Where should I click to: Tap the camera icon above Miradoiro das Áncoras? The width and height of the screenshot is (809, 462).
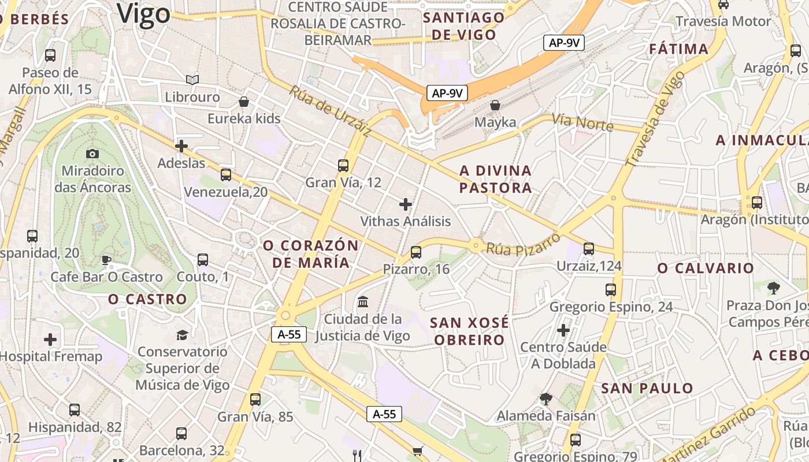pyautogui.click(x=92, y=154)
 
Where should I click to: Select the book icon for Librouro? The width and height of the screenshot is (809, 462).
pyautogui.click(x=192, y=80)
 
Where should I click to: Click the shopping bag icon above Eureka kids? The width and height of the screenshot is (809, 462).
pyautogui.click(x=244, y=102)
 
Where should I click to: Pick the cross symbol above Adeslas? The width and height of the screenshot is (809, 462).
pyautogui.click(x=181, y=146)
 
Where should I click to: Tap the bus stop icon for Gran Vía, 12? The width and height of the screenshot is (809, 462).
pyautogui.click(x=343, y=166)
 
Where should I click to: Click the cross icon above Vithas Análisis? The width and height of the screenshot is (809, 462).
pyautogui.click(x=406, y=204)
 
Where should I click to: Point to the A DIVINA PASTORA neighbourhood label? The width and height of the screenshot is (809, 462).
pyautogui.click(x=495, y=179)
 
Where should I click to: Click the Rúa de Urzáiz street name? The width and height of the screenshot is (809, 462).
pyautogui.click(x=330, y=111)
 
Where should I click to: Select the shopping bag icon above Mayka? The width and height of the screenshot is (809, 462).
pyautogui.click(x=495, y=105)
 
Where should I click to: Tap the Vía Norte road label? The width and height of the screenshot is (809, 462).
pyautogui.click(x=582, y=121)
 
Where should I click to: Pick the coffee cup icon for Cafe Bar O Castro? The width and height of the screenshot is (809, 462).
pyautogui.click(x=106, y=260)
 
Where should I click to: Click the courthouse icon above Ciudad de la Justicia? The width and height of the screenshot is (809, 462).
pyautogui.click(x=363, y=301)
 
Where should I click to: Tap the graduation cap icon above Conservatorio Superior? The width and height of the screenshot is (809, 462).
pyautogui.click(x=182, y=335)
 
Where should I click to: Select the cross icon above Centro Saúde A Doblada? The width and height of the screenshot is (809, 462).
pyautogui.click(x=563, y=330)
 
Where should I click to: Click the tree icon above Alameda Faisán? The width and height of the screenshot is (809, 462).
pyautogui.click(x=545, y=398)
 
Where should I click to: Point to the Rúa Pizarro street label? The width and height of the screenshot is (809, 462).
pyautogui.click(x=523, y=244)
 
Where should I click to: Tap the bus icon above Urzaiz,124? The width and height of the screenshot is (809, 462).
pyautogui.click(x=589, y=249)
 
